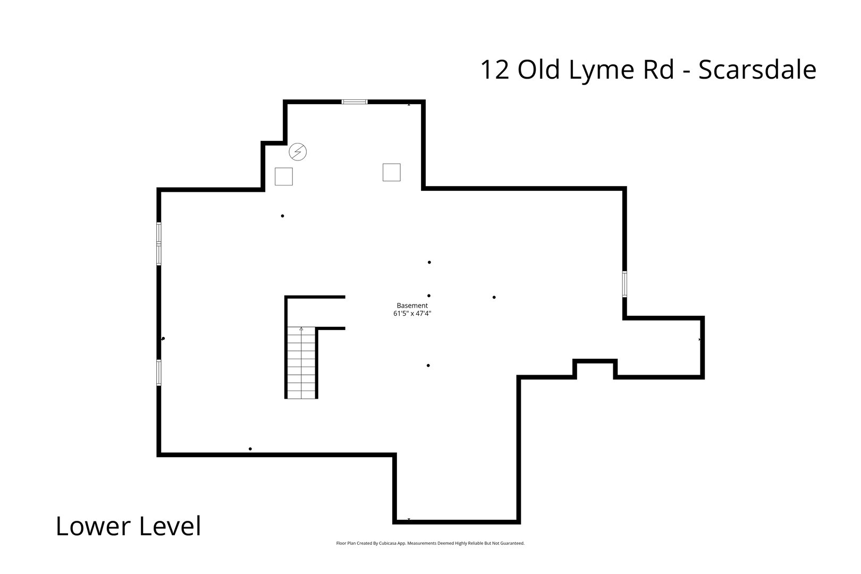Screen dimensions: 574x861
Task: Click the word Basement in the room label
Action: coord(412,306)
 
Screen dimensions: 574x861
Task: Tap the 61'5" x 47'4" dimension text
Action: coord(412,314)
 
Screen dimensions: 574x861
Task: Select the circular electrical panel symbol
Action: coord(298,152)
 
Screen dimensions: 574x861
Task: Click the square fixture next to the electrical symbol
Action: coord(283,176)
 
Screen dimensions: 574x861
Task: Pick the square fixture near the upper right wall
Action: coord(391,172)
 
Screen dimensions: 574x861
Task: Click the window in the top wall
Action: coord(354,102)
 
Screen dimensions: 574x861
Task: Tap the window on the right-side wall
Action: coord(625,284)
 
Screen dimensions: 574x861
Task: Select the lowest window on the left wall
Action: coord(159,372)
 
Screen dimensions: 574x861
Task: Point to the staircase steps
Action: coord(301,367)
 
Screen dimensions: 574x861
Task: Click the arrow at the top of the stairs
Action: coord(301,329)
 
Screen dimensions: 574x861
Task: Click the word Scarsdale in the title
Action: coord(757,70)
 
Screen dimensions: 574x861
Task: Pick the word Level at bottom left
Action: coord(170,527)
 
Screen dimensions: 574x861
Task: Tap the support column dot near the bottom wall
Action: coord(250,449)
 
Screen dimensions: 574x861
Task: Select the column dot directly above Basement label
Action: coord(429,296)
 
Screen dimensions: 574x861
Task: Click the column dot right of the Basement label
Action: coord(494,297)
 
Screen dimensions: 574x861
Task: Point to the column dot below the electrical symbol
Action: coord(282,216)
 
